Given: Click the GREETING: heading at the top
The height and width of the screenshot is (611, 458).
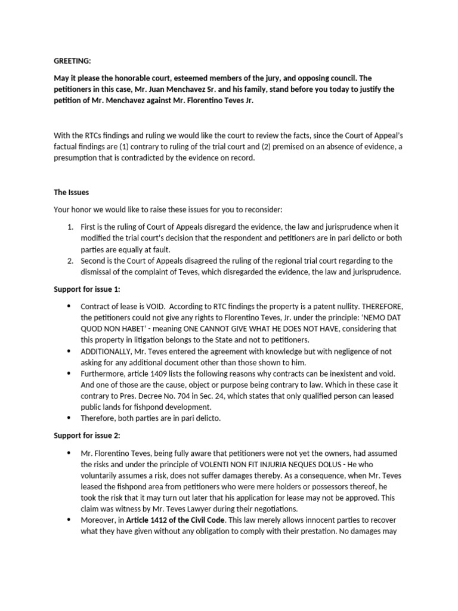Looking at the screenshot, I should pos(72,60).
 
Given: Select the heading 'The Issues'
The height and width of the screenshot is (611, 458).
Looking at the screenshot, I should pos(72,192).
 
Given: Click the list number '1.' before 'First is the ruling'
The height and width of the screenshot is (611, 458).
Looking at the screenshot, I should pos(70,227).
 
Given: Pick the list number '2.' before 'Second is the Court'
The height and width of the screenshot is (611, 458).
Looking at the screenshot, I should pos(70,261).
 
